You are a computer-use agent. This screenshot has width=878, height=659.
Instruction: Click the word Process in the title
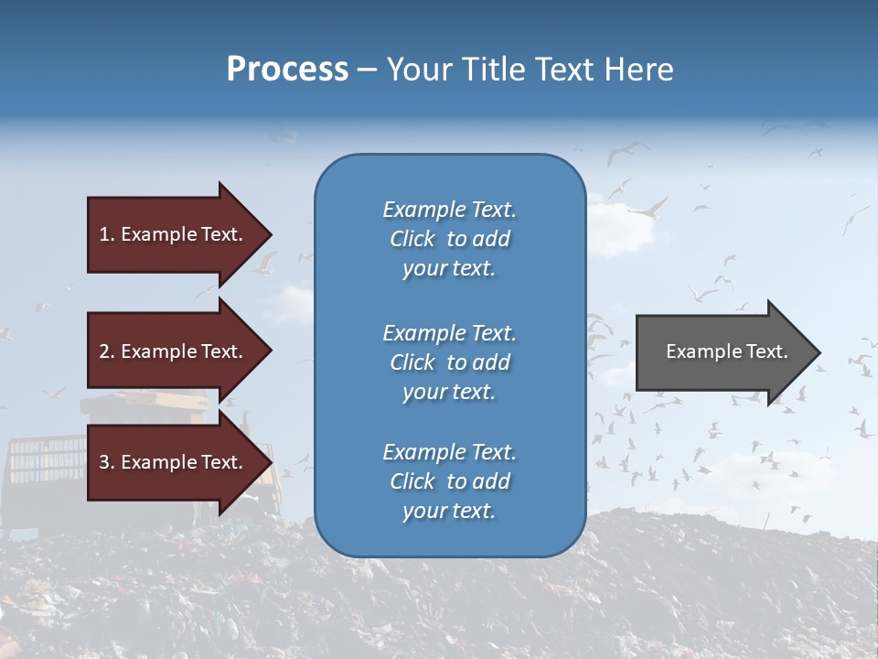pyautogui.click(x=287, y=70)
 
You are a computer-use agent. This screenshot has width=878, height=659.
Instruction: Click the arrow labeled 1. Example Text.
pyautogui.click(x=174, y=234)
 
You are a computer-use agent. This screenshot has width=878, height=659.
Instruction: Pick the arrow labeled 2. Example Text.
pyautogui.click(x=174, y=351)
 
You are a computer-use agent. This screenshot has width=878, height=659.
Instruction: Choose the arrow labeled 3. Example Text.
pyautogui.click(x=174, y=462)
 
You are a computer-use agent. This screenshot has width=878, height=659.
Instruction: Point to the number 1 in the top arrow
pyautogui.click(x=104, y=234)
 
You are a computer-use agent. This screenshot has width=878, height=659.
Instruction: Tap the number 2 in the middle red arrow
pyautogui.click(x=104, y=351)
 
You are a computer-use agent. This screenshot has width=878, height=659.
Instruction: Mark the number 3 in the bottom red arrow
pyautogui.click(x=104, y=462)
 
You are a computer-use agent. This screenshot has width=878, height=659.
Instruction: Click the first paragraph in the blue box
pyautogui.click(x=449, y=239)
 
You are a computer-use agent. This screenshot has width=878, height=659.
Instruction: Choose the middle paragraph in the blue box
pyautogui.click(x=449, y=362)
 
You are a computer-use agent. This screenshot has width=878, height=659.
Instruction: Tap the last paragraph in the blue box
pyautogui.click(x=449, y=481)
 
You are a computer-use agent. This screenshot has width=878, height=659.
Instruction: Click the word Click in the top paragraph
pyautogui.click(x=412, y=239)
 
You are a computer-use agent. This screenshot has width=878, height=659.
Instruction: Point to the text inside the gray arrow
pyautogui.click(x=726, y=351)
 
